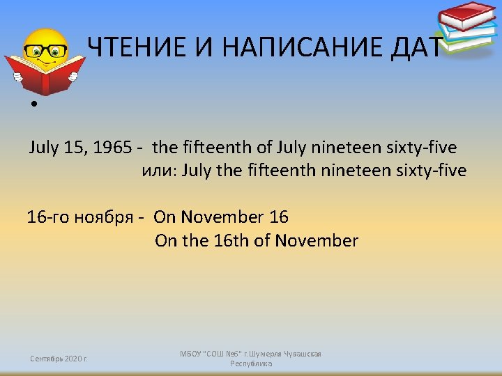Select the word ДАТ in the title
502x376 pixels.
[x=417, y=47]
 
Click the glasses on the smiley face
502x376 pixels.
[x=46, y=50]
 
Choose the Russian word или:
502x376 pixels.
[x=160, y=171]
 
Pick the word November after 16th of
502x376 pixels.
[x=317, y=241]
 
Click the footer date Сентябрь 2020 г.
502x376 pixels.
[x=59, y=359]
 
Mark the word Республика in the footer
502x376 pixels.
[x=251, y=363]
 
